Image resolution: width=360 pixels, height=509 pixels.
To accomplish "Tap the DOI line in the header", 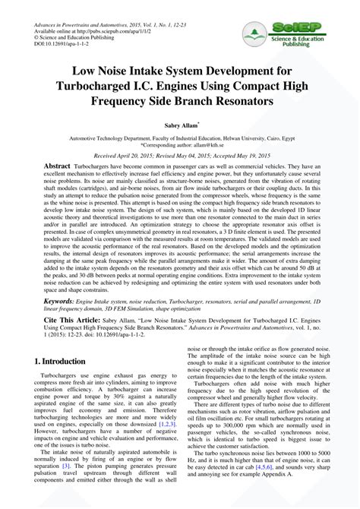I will pyautogui.click(x=61, y=44).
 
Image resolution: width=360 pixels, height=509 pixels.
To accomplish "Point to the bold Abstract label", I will pyautogui.click(x=57, y=166).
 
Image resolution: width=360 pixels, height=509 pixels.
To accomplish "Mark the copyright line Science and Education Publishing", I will pyautogui.click(x=85, y=36).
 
